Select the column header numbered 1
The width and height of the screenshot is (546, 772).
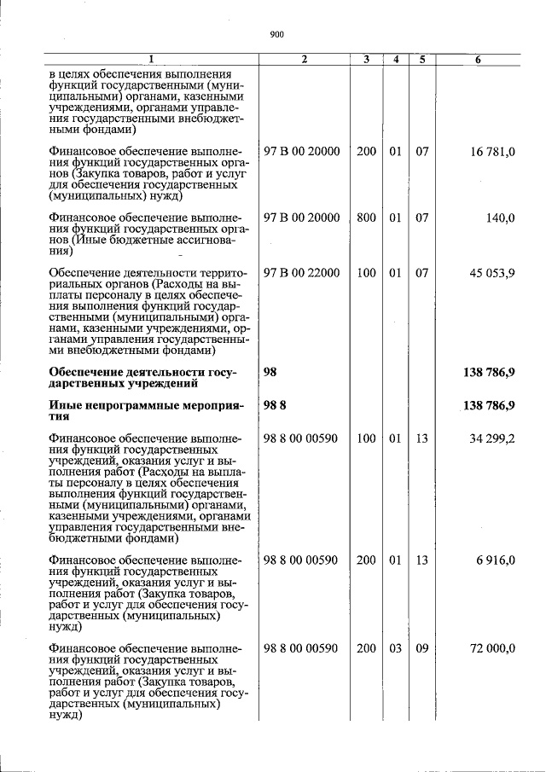click(x=152, y=60)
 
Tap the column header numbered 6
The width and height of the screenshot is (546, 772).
click(x=479, y=60)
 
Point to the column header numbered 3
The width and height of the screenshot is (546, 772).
click(x=366, y=60)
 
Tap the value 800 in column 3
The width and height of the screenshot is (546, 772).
click(x=366, y=218)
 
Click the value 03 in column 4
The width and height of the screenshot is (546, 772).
click(x=395, y=648)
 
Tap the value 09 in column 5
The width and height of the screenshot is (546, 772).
click(x=421, y=648)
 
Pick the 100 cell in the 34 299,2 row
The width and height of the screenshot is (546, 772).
click(x=366, y=439)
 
